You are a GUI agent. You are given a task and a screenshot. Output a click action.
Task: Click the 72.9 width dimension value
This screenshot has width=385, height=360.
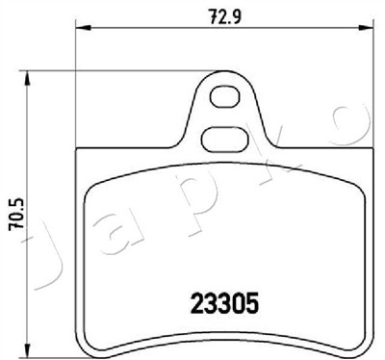225,16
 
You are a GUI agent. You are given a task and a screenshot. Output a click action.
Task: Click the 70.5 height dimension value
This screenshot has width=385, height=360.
16,214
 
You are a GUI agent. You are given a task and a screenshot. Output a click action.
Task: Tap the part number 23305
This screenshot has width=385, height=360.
224,303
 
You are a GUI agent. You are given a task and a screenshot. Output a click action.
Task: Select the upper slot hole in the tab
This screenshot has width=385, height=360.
225,96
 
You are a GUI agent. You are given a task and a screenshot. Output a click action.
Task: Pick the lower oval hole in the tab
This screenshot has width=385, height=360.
225,139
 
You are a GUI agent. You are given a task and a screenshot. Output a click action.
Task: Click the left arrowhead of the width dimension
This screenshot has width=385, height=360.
84,28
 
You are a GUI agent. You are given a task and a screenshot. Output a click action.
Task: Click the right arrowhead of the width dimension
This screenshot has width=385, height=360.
366,28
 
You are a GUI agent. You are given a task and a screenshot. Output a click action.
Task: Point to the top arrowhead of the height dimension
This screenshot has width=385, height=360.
27,79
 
